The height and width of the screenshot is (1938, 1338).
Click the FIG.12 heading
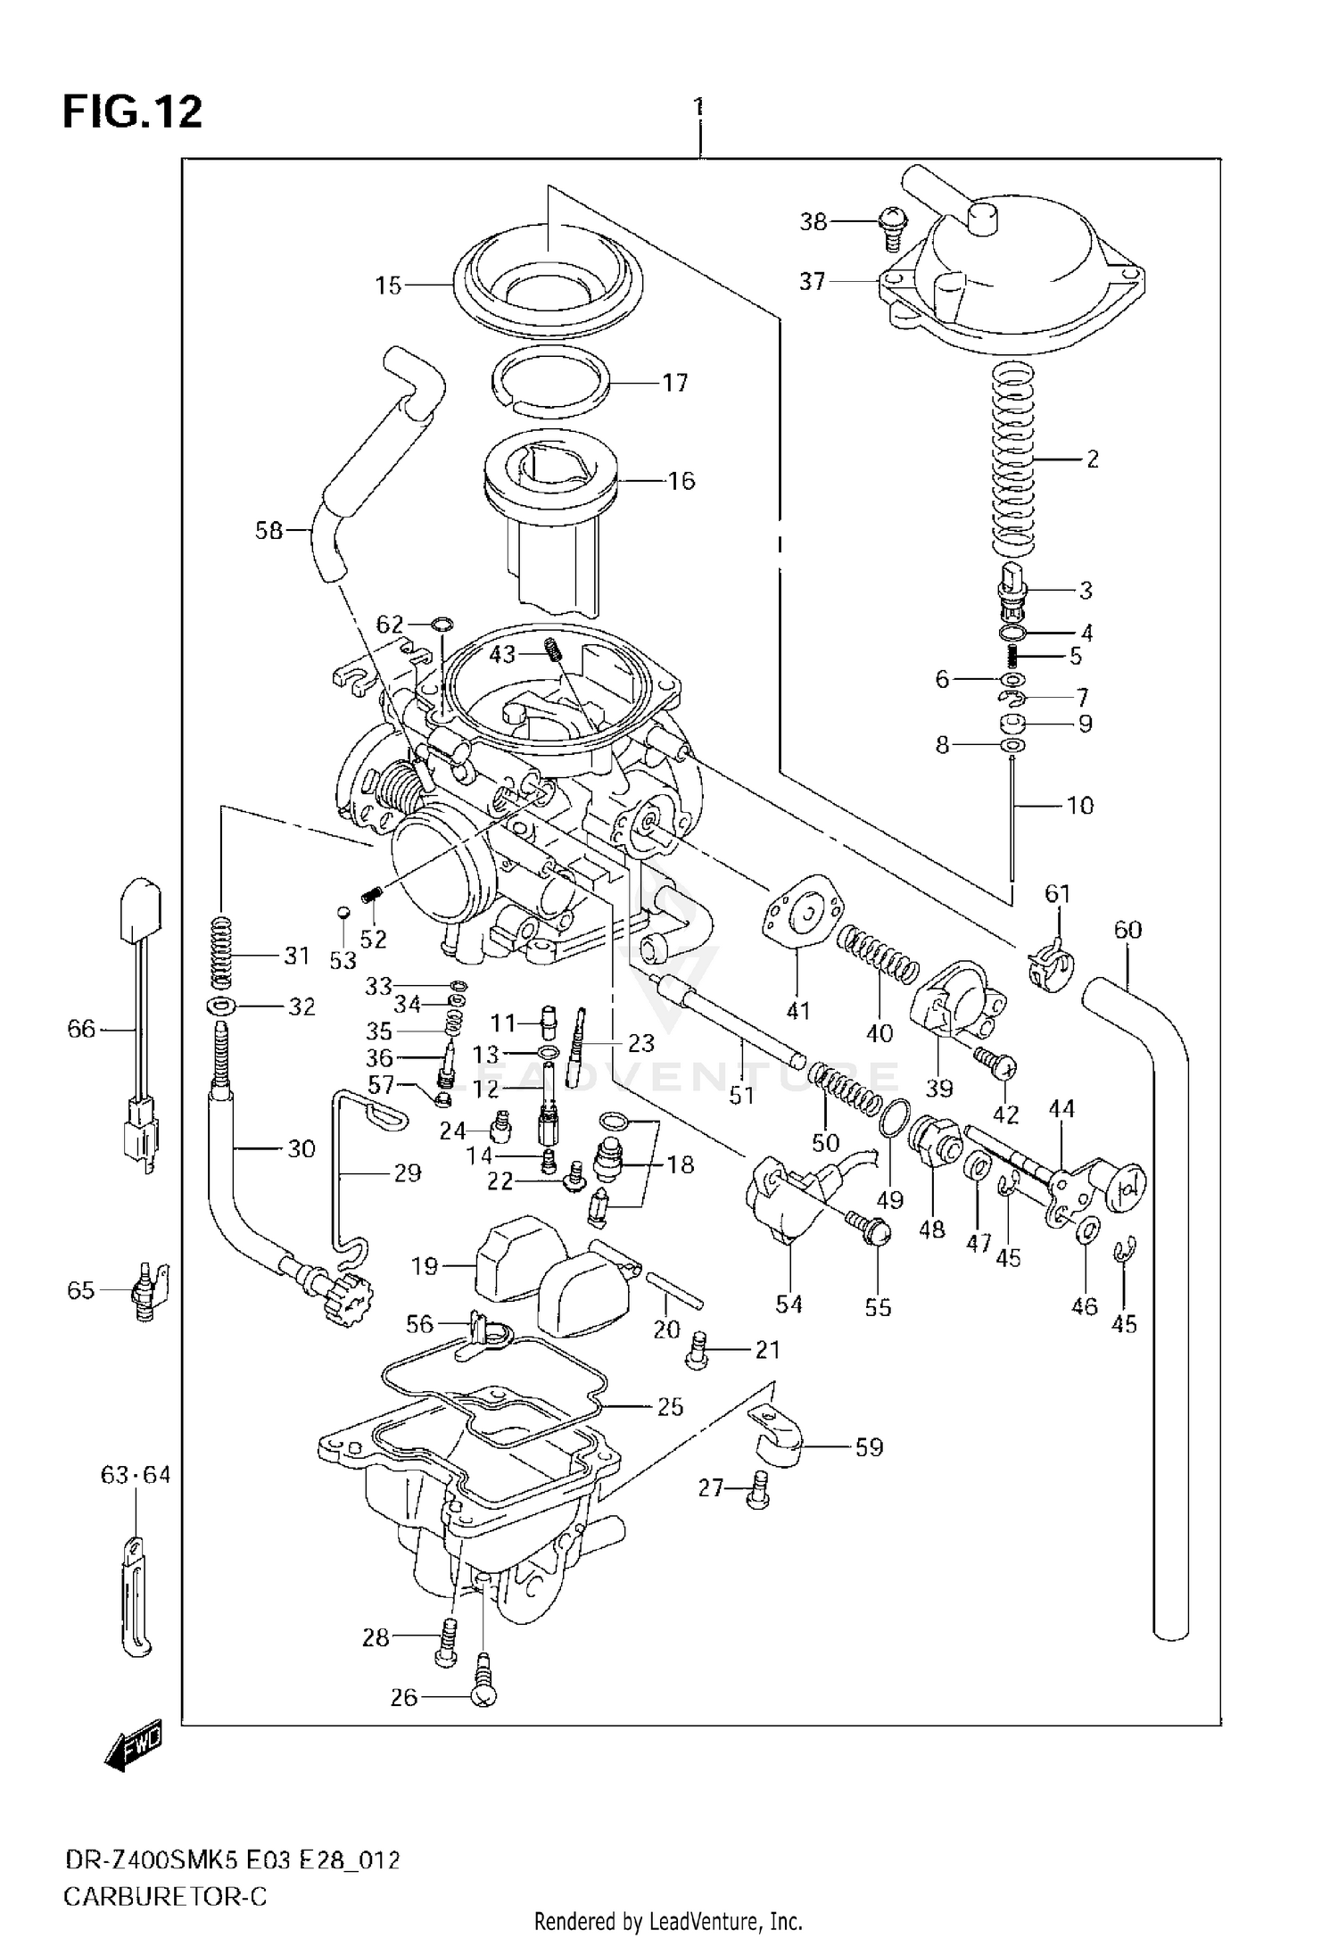point(132,113)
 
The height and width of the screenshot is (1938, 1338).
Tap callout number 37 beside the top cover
point(812,282)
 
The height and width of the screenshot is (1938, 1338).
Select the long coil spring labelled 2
point(1014,460)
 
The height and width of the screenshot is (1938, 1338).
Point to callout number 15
point(388,286)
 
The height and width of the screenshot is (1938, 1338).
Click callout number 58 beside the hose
point(268,531)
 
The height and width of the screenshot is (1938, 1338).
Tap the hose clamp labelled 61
point(1050,966)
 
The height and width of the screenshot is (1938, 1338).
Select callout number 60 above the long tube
point(1127,930)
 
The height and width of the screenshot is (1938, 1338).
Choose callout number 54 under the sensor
point(789,1304)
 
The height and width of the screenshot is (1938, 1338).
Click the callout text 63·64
point(135,1475)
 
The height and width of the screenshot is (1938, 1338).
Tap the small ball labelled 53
point(342,913)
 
